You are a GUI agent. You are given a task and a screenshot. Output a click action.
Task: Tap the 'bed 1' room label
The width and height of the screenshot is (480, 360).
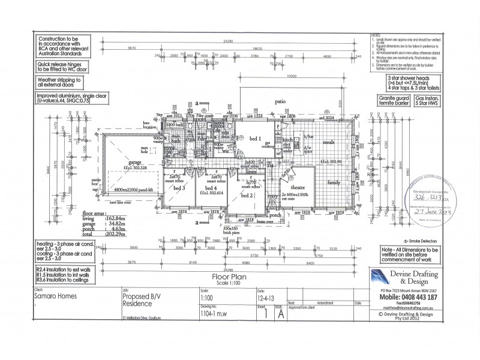(254, 139)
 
